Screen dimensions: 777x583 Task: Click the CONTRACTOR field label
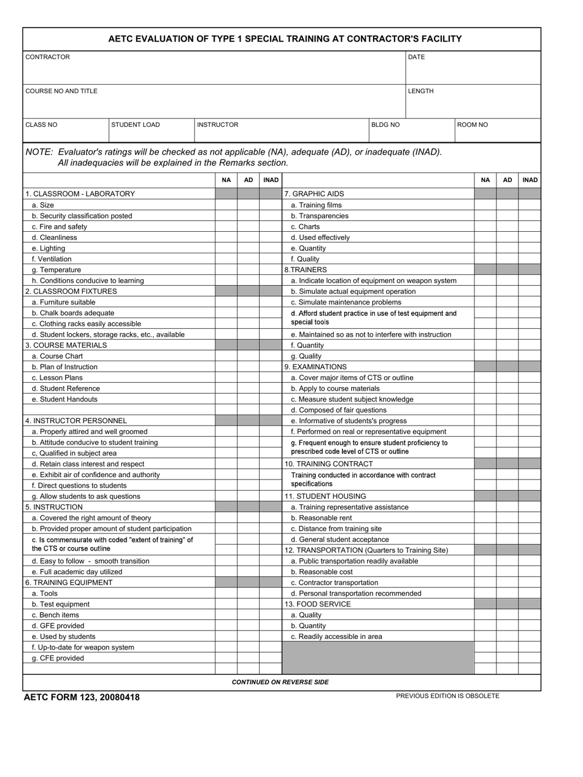click(47, 57)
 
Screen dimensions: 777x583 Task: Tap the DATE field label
click(416, 57)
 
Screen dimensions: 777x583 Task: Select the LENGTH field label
click(420, 91)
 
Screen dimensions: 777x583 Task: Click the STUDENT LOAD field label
click(135, 125)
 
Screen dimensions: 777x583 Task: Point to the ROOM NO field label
click(473, 125)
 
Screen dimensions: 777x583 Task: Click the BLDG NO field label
click(385, 125)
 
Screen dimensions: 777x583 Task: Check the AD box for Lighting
click(248, 248)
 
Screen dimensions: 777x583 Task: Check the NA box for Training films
click(485, 205)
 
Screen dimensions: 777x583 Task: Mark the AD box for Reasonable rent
click(507, 518)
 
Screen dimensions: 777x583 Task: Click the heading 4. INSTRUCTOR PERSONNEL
click(76, 421)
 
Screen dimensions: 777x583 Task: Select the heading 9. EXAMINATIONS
click(315, 367)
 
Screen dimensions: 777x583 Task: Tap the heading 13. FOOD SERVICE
click(317, 604)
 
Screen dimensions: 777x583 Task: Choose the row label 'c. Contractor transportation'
click(334, 583)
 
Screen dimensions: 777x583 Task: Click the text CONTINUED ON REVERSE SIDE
click(280, 682)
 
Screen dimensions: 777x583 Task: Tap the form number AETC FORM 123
click(81, 697)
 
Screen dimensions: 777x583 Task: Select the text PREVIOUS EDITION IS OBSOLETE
click(447, 696)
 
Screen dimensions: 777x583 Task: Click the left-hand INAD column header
click(270, 180)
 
